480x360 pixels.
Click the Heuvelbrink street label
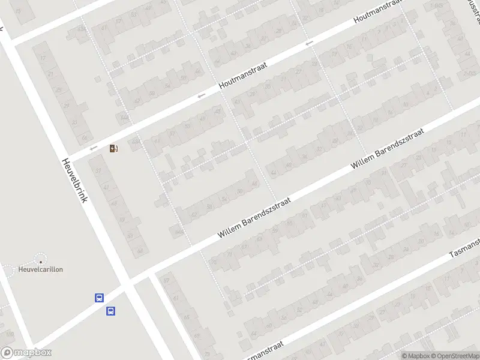click(x=74, y=180)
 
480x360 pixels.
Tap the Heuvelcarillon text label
click(x=41, y=269)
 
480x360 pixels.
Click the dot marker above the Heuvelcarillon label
click(x=41, y=261)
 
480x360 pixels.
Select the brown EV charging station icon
click(x=113, y=148)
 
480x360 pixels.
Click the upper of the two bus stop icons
click(x=99, y=298)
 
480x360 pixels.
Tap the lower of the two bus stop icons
click(x=111, y=311)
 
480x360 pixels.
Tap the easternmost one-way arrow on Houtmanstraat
click(x=309, y=43)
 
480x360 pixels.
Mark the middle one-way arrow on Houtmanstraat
click(x=202, y=95)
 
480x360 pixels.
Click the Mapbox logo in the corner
click(x=26, y=353)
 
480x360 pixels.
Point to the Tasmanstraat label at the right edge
click(x=466, y=248)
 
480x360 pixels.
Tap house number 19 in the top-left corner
click(x=19, y=10)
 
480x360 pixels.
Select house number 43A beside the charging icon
click(x=136, y=142)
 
